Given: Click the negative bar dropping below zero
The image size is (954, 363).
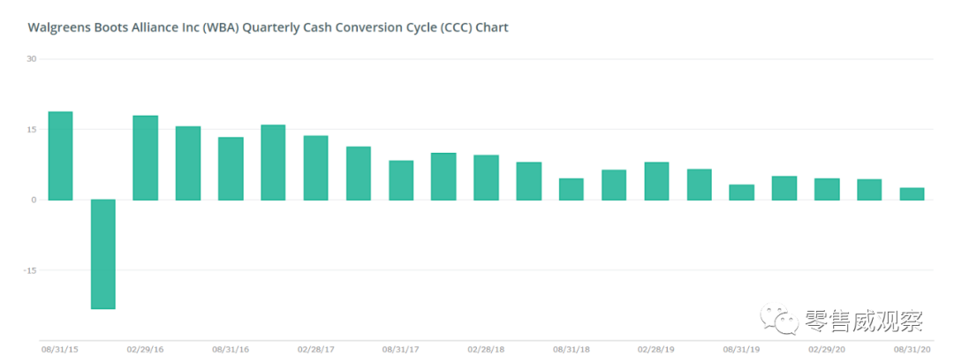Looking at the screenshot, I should click(103, 253).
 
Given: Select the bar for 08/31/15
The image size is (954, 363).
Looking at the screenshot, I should click(60, 155).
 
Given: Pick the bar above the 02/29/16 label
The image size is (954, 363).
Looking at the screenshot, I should click(145, 157).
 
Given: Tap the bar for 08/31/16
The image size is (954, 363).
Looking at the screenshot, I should click(231, 168).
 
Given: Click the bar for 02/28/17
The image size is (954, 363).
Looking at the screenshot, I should click(315, 167).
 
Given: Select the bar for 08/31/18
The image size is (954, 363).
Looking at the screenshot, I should click(571, 189).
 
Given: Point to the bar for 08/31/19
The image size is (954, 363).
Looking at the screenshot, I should click(741, 192).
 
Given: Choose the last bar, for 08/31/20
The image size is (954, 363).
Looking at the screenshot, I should click(912, 193).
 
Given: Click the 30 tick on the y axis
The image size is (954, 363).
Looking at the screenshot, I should click(32, 59).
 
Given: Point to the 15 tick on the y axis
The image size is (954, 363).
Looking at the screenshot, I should click(32, 130).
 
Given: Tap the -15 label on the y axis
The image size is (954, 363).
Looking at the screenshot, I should click(30, 270).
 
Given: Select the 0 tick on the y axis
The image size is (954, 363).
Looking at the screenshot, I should click(34, 200).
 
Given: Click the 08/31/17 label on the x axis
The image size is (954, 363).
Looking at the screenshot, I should click(400, 350).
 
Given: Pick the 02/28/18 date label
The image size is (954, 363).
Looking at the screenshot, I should click(486, 350).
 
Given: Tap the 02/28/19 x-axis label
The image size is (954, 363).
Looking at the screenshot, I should click(656, 350).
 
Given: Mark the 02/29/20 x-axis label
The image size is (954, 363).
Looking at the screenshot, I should click(826, 350).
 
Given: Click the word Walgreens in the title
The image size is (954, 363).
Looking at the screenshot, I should click(56, 27).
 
